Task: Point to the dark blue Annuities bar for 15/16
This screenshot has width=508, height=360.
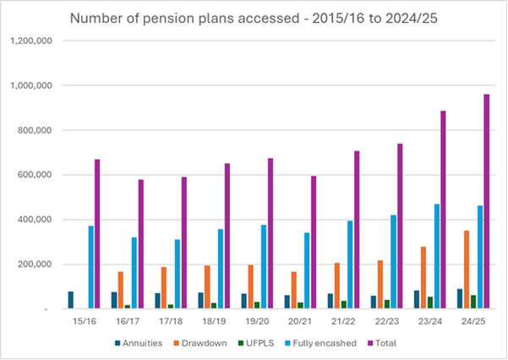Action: pyautogui.click(x=70, y=300)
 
